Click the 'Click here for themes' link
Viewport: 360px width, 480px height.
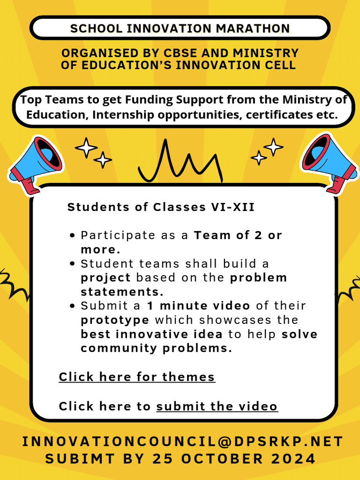pyautogui.click(x=137, y=377)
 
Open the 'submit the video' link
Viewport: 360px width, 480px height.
pyautogui.click(x=217, y=406)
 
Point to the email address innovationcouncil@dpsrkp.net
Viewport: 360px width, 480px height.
pyautogui.click(x=182, y=442)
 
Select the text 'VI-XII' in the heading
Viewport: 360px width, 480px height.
pyautogui.click(x=232, y=207)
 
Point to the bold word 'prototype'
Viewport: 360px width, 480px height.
pyautogui.click(x=115, y=320)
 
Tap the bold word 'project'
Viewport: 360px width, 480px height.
pyautogui.click(x=105, y=277)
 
